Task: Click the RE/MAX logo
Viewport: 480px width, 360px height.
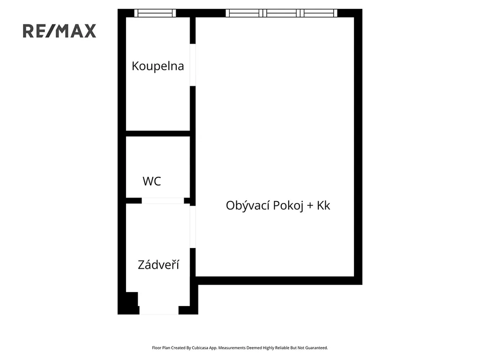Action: pos(60,31)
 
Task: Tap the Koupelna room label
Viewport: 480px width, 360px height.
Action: pos(158,66)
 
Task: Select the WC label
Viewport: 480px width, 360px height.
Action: pos(152,181)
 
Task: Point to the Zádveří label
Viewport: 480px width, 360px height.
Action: pos(158,264)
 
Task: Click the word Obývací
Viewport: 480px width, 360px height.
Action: pos(248,205)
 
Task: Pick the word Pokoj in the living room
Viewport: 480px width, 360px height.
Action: pos(288,206)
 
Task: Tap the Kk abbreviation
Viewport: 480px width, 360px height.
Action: pos(323,205)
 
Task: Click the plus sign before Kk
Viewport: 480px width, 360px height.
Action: pos(310,206)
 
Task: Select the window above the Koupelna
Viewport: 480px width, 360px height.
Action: pos(155,13)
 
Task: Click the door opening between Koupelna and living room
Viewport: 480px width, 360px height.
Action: pos(193,65)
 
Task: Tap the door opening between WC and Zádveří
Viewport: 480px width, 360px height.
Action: pos(163,201)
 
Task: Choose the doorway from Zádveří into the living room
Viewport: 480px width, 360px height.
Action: pos(193,227)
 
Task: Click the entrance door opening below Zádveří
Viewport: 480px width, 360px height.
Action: pos(159,310)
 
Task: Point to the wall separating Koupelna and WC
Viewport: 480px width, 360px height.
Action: pos(158,134)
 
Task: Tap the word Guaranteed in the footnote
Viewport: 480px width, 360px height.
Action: pos(316,348)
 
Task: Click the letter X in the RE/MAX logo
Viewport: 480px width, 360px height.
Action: pos(90,31)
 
